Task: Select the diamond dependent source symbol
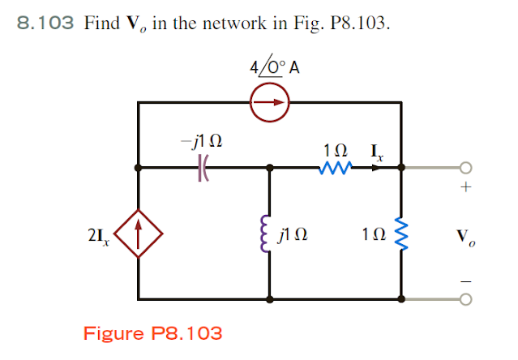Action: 140,235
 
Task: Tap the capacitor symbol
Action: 203,169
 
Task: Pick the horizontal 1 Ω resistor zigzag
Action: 336,168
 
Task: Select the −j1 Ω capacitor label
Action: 202,143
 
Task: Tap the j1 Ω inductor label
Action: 293,236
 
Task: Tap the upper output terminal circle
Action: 464,169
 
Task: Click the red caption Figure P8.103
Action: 152,332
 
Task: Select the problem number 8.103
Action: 46,23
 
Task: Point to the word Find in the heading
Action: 101,23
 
